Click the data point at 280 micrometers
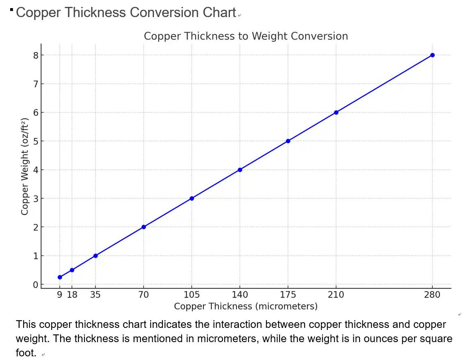(x=432, y=55)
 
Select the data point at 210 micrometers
(x=336, y=112)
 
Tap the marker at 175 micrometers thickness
(x=288, y=141)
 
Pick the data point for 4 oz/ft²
(x=240, y=170)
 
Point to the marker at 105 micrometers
(x=192, y=198)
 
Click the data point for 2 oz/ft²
(x=144, y=227)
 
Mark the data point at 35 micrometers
(x=95, y=256)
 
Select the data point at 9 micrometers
(x=60, y=277)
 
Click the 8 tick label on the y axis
(x=35, y=55)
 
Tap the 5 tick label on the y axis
(x=35, y=141)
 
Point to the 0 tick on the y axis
(x=35, y=285)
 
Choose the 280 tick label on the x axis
(x=432, y=295)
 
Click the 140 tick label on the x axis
(x=240, y=295)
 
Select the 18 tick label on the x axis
(x=72, y=295)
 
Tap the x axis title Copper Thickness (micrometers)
(x=246, y=306)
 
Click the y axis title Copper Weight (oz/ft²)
(x=25, y=167)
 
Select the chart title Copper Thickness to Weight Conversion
(x=246, y=36)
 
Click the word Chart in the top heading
(x=219, y=13)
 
